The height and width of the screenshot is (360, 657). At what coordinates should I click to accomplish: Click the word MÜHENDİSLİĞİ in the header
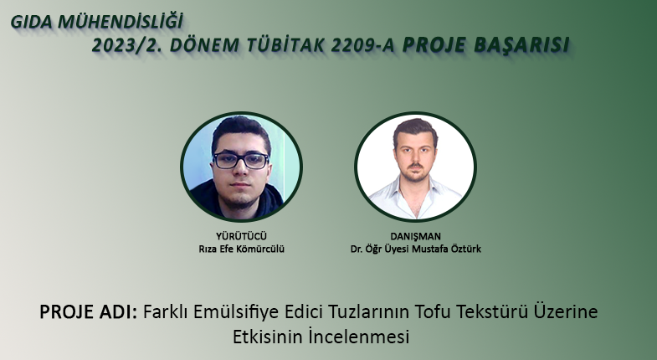[x=121, y=22]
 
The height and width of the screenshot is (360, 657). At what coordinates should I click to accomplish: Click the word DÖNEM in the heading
[x=204, y=45]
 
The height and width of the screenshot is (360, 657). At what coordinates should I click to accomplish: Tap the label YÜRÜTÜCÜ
[x=241, y=236]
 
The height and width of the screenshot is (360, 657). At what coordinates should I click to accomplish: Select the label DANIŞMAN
[x=415, y=236]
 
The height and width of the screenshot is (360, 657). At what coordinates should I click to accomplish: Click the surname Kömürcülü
[x=260, y=249]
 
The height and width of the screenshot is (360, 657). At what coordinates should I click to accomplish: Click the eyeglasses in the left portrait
[x=240, y=161]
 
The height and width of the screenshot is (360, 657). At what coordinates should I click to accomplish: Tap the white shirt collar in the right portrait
[x=415, y=191]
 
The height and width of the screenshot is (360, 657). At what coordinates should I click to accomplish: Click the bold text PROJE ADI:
[x=89, y=311]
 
